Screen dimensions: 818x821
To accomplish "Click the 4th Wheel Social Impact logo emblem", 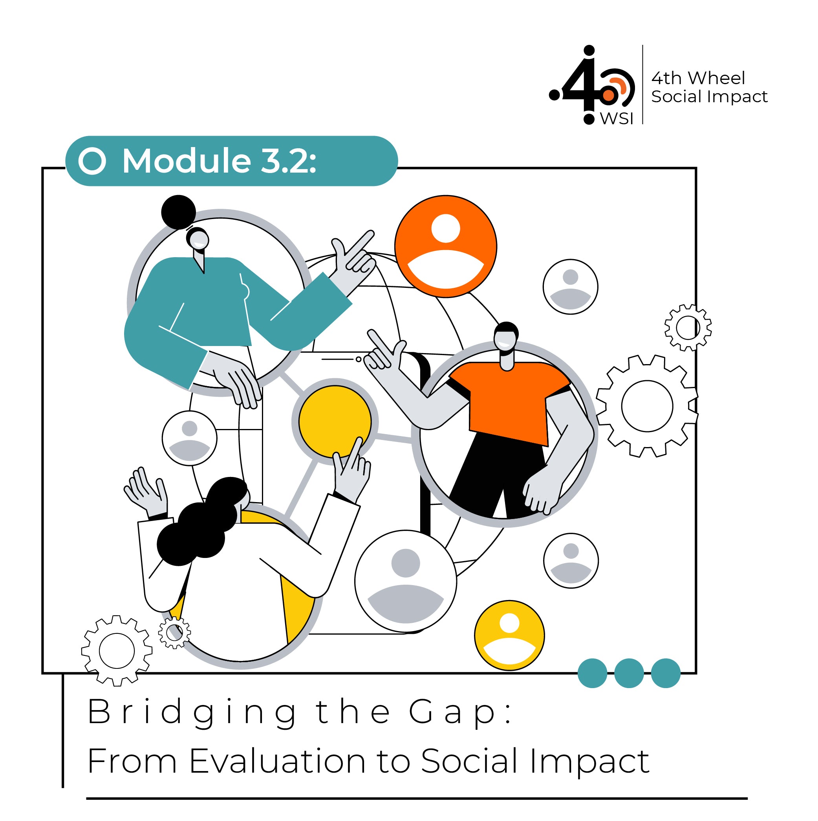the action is (x=592, y=85).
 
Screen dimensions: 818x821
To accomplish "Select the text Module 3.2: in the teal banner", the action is (x=219, y=161).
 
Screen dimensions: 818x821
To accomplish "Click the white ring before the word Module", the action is (x=92, y=161).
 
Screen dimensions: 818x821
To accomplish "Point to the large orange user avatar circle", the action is (x=446, y=247).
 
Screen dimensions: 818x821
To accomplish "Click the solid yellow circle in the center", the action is (x=335, y=421).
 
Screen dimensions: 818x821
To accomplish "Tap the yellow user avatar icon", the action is (x=509, y=635).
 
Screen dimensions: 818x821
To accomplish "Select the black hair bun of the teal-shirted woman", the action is (x=179, y=212).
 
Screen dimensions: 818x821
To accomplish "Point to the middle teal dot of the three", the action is (x=629, y=673).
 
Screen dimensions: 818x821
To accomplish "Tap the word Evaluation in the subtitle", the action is (x=277, y=761).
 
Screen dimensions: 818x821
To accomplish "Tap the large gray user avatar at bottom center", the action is (x=406, y=581).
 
